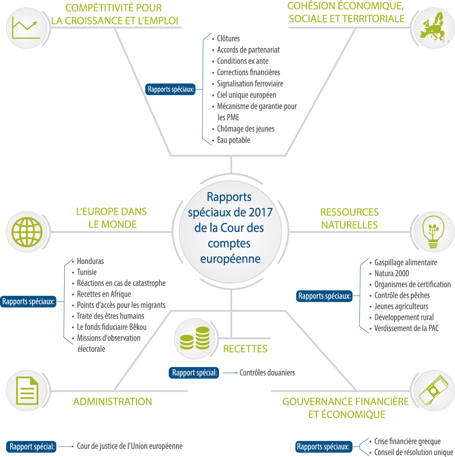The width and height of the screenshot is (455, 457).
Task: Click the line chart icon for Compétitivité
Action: point(26,28)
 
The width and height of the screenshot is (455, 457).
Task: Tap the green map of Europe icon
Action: point(433,27)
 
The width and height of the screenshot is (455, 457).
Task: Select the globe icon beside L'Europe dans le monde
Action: point(27,232)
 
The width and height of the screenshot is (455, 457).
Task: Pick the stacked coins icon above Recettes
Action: point(195,338)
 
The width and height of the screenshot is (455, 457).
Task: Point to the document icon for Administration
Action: point(27,390)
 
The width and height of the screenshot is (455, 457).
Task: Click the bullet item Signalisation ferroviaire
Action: point(250,84)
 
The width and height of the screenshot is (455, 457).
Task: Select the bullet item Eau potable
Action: point(233,140)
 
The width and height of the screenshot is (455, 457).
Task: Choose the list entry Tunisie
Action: point(87,272)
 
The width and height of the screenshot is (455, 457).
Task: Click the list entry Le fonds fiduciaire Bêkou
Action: point(112,327)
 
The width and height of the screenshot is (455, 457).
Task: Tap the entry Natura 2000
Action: point(392,273)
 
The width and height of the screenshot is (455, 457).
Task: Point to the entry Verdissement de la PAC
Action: point(406,328)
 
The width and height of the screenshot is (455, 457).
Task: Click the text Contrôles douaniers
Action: point(267,373)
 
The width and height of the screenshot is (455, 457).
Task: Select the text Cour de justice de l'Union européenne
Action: point(130,446)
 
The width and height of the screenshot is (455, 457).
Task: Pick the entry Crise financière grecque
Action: point(407,441)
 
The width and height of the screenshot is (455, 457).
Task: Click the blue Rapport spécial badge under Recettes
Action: point(194,373)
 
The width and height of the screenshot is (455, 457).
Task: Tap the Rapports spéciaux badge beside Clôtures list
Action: point(171,89)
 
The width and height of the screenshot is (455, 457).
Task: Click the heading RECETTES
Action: point(245,349)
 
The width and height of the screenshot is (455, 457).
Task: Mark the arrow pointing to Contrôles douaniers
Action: point(230,373)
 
